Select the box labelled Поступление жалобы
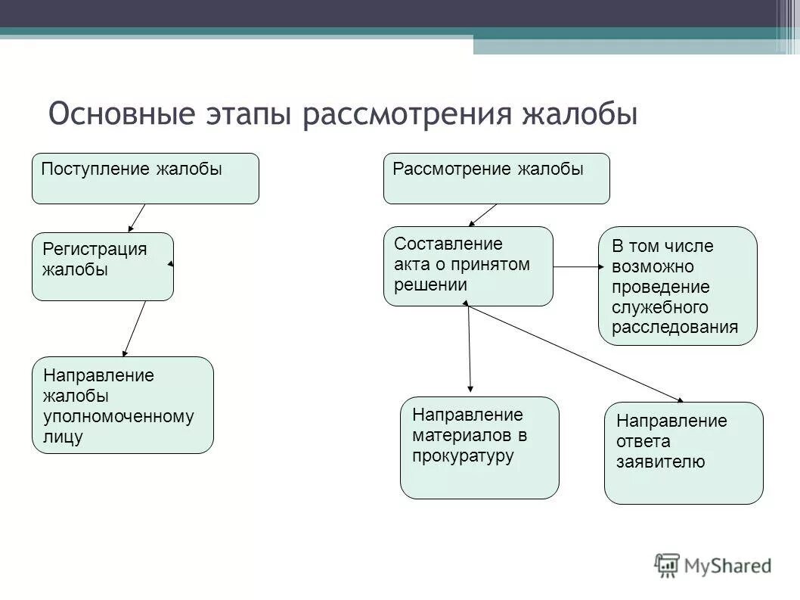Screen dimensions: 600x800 coord(145,179)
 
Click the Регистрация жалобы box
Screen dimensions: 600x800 coord(103,267)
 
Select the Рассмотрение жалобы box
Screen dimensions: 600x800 coord(496,179)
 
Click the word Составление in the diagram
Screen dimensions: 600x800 coord(448,244)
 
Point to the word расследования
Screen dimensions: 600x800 coord(674,328)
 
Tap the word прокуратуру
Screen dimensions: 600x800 coord(463,455)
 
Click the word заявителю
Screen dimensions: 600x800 coord(661,462)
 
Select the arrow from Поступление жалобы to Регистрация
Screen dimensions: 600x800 coord(137,217)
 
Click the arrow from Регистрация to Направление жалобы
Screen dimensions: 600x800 coord(135,328)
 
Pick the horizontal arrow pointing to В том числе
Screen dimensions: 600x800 coord(579,266)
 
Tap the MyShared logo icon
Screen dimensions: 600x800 coord(667,564)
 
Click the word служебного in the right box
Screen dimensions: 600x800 coord(659,307)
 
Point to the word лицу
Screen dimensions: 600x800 coord(63,437)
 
